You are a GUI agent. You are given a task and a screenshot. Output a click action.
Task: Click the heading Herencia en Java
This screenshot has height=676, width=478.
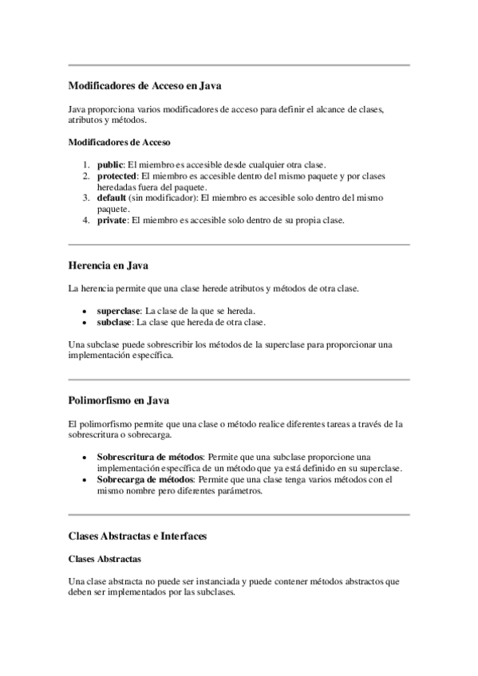pyautogui.click(x=109, y=265)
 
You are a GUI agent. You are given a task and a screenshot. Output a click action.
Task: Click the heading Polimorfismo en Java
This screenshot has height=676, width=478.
pyautogui.click(x=118, y=399)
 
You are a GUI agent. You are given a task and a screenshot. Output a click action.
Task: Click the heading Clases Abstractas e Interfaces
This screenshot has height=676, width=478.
pyautogui.click(x=138, y=536)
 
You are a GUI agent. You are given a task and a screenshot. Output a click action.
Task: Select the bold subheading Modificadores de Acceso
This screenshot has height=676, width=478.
pyautogui.click(x=119, y=143)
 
